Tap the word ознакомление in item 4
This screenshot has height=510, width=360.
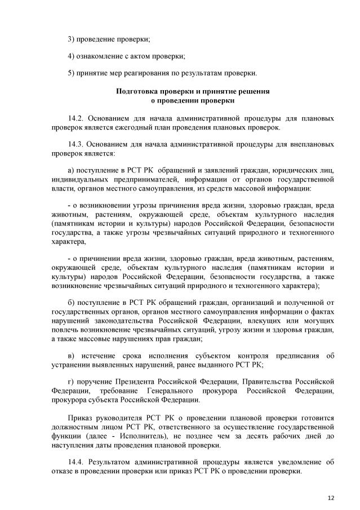pos(100,56)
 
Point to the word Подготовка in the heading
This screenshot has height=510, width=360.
pos(136,91)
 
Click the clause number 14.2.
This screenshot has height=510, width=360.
pos(75,119)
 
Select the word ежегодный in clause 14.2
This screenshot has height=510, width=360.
pos(127,127)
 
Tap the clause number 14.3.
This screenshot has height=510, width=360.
pos(75,144)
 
